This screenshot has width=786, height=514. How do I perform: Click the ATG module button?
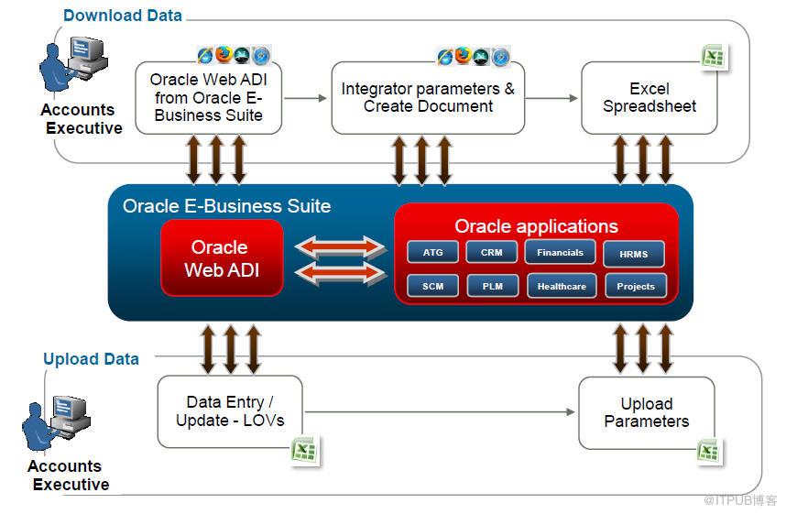(432, 252)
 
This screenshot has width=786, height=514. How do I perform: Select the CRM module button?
(491, 252)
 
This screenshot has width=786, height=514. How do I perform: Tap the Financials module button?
(560, 252)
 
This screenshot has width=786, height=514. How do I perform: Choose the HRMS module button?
(634, 254)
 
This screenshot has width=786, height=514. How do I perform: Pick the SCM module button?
(432, 286)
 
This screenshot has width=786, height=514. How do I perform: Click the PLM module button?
(492, 286)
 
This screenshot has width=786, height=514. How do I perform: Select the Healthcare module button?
(562, 286)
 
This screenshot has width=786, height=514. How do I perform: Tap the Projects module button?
(635, 286)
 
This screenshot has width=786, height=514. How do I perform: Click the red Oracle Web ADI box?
(221, 258)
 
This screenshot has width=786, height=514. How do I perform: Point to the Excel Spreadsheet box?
(649, 97)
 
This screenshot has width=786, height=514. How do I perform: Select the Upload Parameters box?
(646, 412)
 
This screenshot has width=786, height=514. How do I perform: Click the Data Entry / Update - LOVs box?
(229, 411)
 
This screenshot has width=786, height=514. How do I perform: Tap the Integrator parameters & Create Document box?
(428, 97)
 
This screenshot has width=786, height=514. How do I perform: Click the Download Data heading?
(123, 16)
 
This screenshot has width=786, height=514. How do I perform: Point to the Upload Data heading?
(92, 359)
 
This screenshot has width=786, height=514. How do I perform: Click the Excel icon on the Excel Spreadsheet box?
(713, 57)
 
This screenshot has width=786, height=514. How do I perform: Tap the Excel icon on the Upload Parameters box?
(708, 451)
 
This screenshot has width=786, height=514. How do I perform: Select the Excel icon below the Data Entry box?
(304, 450)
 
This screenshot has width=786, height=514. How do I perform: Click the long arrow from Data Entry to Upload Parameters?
(440, 412)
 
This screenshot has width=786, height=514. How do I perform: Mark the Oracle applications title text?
(536, 226)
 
